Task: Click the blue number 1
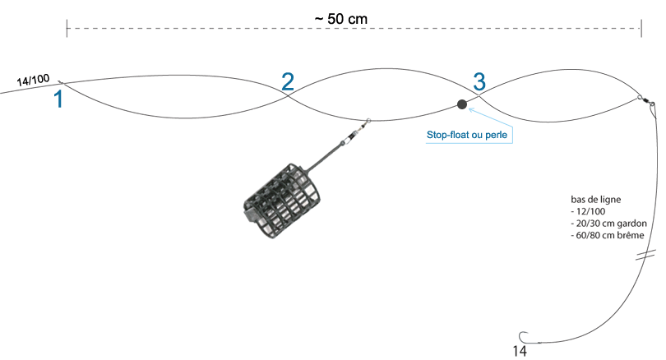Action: coord(58,99)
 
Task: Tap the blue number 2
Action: coord(288,81)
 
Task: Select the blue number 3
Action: coord(479,81)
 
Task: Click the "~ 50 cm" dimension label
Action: coord(341,19)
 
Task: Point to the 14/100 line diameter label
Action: coord(33,80)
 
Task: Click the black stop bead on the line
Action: coord(462,104)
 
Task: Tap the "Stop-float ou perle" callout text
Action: coord(467,135)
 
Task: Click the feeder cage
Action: coord(282,201)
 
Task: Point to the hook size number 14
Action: coord(520,351)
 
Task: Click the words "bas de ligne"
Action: coord(595,200)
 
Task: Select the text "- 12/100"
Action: coord(588,211)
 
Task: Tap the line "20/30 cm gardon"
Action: coord(611,224)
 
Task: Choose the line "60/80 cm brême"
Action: coord(610,235)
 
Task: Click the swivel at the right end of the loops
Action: coord(646,102)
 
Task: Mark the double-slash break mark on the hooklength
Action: coord(645,255)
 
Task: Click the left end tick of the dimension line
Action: coord(67,29)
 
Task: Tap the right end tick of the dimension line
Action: coord(641,29)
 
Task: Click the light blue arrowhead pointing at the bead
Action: coord(470,110)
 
